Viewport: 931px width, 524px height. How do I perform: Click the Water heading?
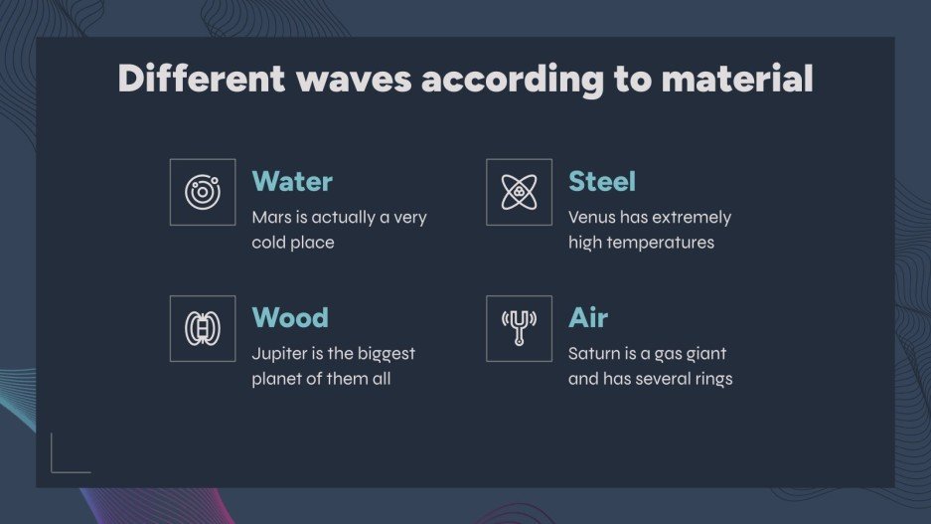(x=292, y=182)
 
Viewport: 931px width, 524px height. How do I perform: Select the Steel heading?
(x=601, y=182)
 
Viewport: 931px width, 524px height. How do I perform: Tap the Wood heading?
(x=290, y=318)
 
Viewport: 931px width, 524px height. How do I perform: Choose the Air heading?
(x=588, y=318)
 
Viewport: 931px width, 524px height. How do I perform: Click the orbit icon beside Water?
(x=203, y=192)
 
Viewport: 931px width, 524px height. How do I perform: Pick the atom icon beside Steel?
(x=519, y=192)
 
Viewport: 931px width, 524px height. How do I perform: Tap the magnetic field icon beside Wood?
(x=203, y=328)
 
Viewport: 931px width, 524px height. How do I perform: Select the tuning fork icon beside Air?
(x=519, y=328)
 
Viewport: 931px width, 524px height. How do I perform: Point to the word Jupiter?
(x=281, y=354)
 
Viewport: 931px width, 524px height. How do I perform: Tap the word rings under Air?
(x=711, y=379)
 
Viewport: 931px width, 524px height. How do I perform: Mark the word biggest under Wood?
(x=384, y=354)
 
